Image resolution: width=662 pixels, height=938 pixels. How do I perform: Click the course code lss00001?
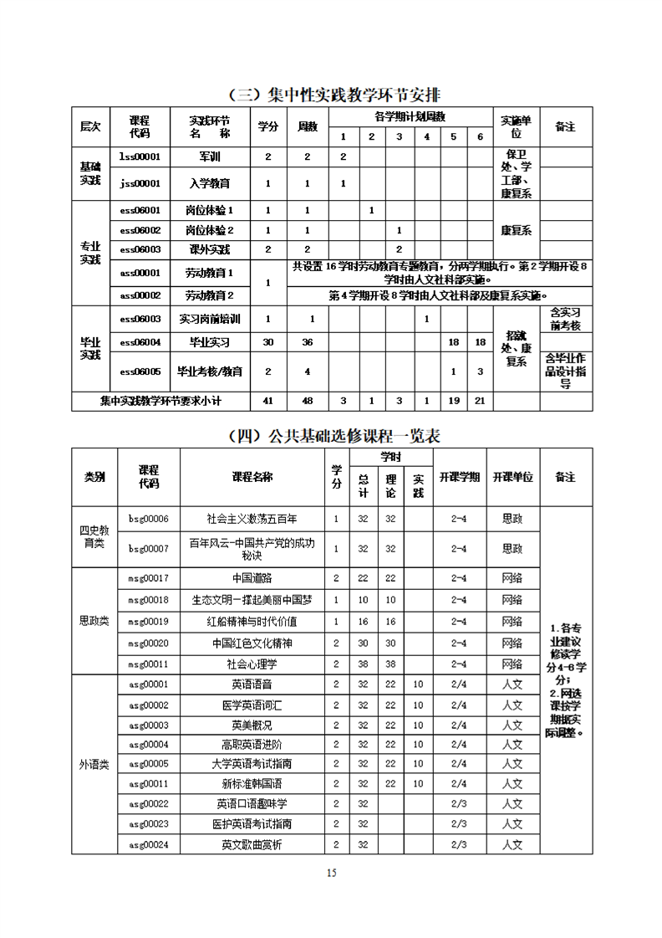point(140,156)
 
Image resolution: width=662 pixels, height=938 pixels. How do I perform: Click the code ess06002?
point(140,230)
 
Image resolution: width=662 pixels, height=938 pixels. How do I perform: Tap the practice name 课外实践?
point(209,249)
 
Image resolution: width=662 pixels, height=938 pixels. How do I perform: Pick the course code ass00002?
point(140,295)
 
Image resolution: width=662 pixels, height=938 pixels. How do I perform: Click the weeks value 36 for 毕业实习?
point(308,342)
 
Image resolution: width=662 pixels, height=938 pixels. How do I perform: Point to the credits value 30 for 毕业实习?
point(268,342)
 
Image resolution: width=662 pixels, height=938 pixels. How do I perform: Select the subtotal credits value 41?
point(268,401)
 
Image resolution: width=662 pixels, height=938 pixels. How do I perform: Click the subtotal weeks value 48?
point(308,401)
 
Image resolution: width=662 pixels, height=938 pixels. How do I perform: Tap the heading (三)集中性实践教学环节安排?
point(331,94)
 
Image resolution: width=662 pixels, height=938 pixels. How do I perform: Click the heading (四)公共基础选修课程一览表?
point(331,436)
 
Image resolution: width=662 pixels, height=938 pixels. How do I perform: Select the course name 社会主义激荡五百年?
point(252,519)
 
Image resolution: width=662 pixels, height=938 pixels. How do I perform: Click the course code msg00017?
point(148,578)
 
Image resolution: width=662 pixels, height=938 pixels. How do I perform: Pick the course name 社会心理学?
point(252,664)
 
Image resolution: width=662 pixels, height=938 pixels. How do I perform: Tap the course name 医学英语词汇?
point(252,705)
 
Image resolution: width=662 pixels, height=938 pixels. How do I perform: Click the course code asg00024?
point(148,844)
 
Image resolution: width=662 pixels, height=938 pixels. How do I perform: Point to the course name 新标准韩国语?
point(252,784)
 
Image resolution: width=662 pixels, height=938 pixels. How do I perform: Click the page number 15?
point(331,874)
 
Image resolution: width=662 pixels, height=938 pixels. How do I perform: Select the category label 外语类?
point(94,764)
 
